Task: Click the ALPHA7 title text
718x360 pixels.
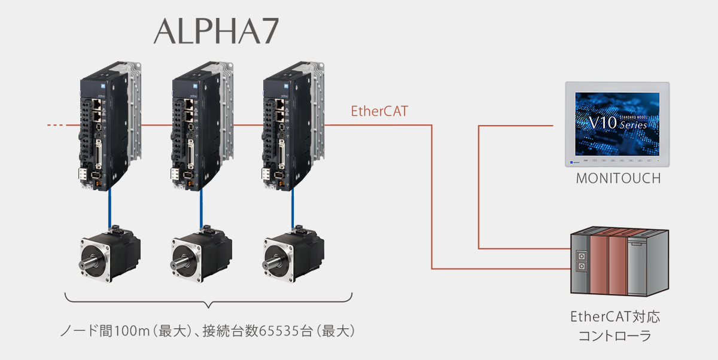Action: (x=217, y=31)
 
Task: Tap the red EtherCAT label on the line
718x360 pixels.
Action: (x=379, y=111)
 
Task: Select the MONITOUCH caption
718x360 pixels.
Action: (x=618, y=178)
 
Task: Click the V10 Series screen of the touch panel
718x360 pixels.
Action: (x=617, y=124)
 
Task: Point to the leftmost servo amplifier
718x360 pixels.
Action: (x=110, y=126)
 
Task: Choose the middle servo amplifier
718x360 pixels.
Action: (x=202, y=126)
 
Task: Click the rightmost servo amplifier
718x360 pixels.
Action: (x=293, y=126)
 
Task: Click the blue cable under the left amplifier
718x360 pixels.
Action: (x=109, y=208)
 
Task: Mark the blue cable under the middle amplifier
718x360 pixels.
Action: (x=201, y=208)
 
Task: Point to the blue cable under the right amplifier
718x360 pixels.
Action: (x=293, y=208)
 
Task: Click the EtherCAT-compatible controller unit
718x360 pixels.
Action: (x=619, y=261)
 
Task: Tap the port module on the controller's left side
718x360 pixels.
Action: (x=581, y=261)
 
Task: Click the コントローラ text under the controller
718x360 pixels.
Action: (x=615, y=336)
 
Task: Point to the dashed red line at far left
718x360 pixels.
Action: (x=57, y=125)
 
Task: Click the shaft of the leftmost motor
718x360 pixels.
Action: (x=87, y=263)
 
